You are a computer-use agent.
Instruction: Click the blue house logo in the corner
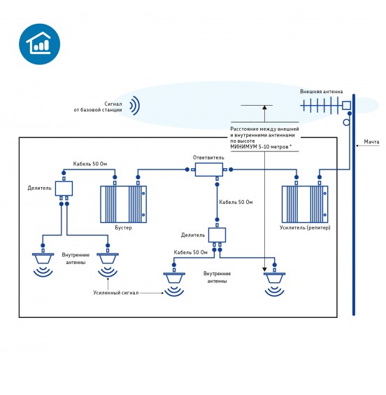pyautogui.click(x=39, y=44)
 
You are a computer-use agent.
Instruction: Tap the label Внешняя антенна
pyautogui.click(x=321, y=92)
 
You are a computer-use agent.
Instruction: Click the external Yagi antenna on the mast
pyautogui.click(x=326, y=105)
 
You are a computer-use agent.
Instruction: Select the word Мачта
pyautogui.click(x=371, y=142)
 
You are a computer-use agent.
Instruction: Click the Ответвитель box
pyautogui.click(x=208, y=169)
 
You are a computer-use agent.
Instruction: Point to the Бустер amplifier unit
pyautogui.click(x=123, y=204)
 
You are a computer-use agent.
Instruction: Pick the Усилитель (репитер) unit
pyautogui.click(x=305, y=204)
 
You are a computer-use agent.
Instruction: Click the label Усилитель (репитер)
pyautogui.click(x=305, y=228)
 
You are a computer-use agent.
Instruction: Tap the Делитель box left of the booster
pyautogui.click(x=64, y=188)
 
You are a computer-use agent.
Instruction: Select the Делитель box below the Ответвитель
pyautogui.click(x=217, y=235)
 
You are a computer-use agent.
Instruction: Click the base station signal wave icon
pyautogui.click(x=135, y=106)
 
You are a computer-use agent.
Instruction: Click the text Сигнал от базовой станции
pyautogui.click(x=98, y=107)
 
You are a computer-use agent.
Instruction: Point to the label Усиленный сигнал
pyautogui.click(x=115, y=293)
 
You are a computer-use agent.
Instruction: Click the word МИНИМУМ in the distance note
pyautogui.click(x=243, y=147)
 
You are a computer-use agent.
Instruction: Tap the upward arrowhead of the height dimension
pyautogui.click(x=264, y=108)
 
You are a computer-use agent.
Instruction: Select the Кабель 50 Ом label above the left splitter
pyautogui.click(x=90, y=164)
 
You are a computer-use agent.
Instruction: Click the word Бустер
pyautogui.click(x=123, y=228)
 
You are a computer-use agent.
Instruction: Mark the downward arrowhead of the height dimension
pyautogui.click(x=264, y=270)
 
